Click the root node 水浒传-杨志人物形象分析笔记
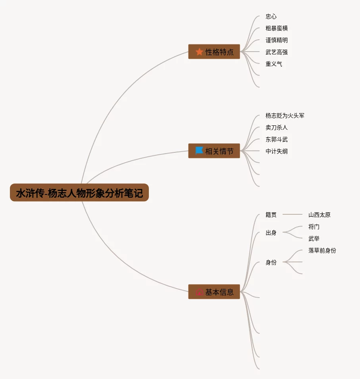pyautogui.click(x=79, y=193)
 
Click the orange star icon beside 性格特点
pyautogui.click(x=199, y=52)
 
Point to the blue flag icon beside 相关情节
pyautogui.click(x=199, y=151)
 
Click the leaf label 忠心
pyautogui.click(x=271, y=17)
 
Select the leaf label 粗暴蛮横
pyautogui.click(x=277, y=29)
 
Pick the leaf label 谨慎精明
pyautogui.click(x=277, y=40)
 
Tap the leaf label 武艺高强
pyautogui.click(x=277, y=52)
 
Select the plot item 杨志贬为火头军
pyautogui.click(x=285, y=116)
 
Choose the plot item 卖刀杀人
pyautogui.click(x=277, y=128)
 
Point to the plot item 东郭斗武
pyautogui.click(x=277, y=140)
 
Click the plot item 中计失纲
pyautogui.click(x=277, y=152)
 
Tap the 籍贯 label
pyautogui.click(x=271, y=215)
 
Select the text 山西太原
pyautogui.click(x=320, y=215)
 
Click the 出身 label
pyautogui.click(x=271, y=233)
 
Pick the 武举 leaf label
pyautogui.click(x=314, y=239)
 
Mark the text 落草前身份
pyautogui.click(x=322, y=251)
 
